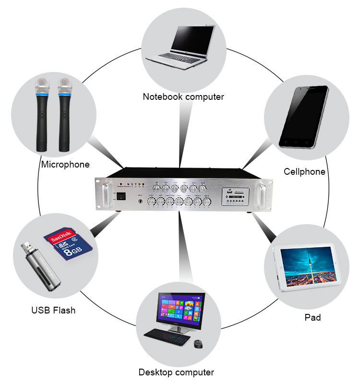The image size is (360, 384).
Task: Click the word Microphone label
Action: click(x=65, y=165)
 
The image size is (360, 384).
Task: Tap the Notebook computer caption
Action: click(x=183, y=96)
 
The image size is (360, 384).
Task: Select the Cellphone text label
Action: click(x=304, y=171)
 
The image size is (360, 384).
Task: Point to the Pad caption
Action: click(x=312, y=317)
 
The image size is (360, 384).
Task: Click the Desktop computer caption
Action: click(x=176, y=372)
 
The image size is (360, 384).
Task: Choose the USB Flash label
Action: click(x=53, y=310)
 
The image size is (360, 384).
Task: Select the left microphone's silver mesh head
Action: click(x=42, y=86)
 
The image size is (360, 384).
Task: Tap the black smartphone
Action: click(x=304, y=117)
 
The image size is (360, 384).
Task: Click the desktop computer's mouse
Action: click(x=198, y=343)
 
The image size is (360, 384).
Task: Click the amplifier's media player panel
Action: click(x=235, y=196)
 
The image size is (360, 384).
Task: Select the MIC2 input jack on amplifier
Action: click(x=140, y=202)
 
